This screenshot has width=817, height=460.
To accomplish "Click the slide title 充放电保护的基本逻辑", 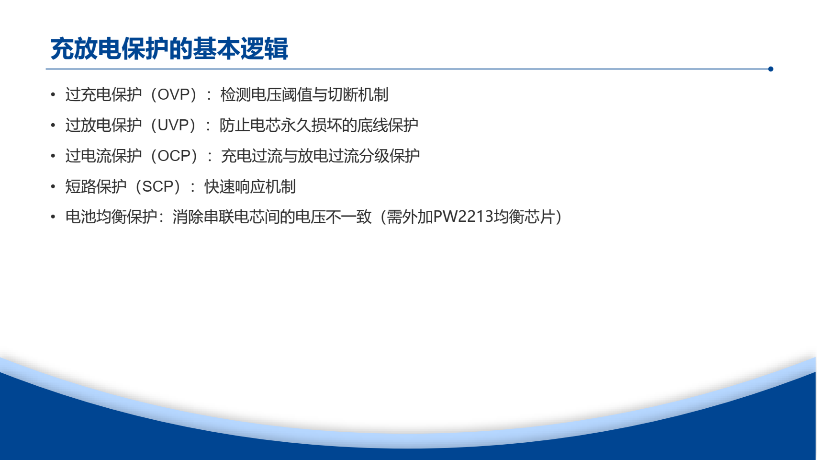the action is (x=169, y=48).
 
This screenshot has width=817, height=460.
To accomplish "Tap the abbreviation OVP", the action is (x=174, y=94).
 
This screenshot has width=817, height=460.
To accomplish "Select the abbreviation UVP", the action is (x=174, y=125).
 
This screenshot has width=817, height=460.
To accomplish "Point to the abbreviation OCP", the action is (x=174, y=156).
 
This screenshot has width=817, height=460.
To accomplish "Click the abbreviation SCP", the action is (x=158, y=186).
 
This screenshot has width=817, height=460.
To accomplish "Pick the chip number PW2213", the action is (x=463, y=217).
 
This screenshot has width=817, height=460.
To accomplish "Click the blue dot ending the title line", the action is (x=771, y=69).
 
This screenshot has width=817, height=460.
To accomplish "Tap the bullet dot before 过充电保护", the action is (x=53, y=95).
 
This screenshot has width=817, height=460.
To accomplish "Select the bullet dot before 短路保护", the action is (x=53, y=187).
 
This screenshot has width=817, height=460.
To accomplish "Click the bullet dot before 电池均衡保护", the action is (x=53, y=217).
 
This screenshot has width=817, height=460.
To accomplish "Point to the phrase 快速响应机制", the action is (x=250, y=186).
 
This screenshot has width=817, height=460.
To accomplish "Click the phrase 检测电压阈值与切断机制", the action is (x=304, y=94).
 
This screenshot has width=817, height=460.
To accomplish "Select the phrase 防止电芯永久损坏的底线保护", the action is (x=319, y=125).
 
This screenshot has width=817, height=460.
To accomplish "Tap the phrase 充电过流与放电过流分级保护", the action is (x=320, y=156).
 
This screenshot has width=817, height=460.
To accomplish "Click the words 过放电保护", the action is (x=103, y=125).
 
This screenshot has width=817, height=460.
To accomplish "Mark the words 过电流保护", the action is (x=103, y=156).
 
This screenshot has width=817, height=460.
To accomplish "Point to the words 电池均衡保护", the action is (x=111, y=217).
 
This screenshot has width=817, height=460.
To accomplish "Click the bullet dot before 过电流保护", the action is (x=53, y=156).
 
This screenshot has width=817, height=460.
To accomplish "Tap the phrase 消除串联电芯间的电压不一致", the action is (x=272, y=217).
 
